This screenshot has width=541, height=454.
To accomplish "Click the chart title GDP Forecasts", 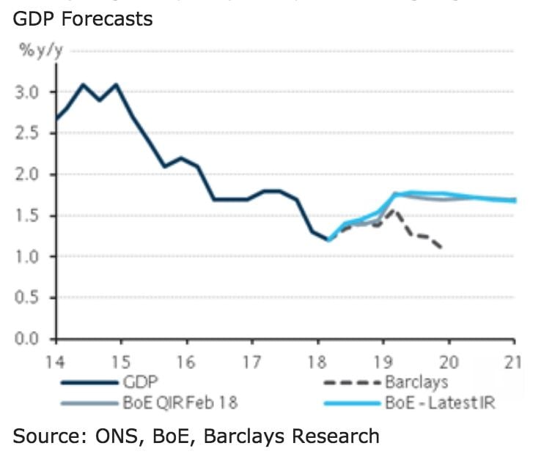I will (x=82, y=18).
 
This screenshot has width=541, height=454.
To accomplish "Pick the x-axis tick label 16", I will (x=187, y=360).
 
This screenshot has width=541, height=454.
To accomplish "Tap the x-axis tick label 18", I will (x=317, y=360).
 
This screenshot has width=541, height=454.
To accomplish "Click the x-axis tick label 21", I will (x=514, y=360).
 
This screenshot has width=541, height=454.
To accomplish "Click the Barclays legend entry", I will (x=416, y=382).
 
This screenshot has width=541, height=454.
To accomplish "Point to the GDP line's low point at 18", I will (x=328, y=239).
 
